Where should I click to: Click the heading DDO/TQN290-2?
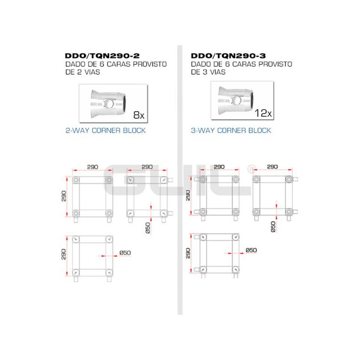pos(102,56)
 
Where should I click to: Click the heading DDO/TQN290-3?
pos(228,56)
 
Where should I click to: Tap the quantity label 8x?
pos(139,115)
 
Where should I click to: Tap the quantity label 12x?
pos(263,113)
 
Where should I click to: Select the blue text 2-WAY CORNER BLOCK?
pos(106,130)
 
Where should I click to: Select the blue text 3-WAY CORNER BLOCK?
pos(231,130)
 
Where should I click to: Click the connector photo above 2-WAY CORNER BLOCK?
pos(113,103)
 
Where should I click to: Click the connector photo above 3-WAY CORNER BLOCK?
pos(242,100)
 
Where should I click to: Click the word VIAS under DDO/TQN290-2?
pos(92,72)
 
